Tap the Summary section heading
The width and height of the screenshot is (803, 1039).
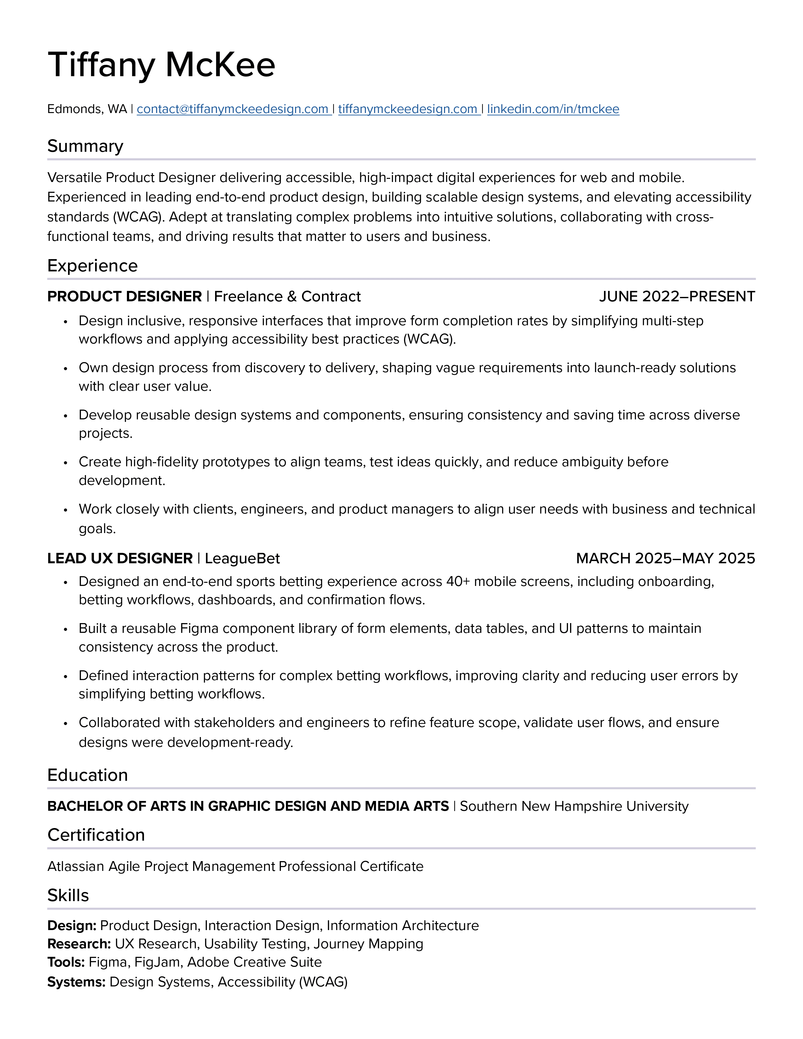85,146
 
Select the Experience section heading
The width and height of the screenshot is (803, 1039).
92,265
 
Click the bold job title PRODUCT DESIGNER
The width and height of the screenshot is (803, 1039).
125,296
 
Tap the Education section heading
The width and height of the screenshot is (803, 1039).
88,775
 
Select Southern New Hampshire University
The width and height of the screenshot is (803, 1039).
574,806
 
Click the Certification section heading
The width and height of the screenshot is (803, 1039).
96,835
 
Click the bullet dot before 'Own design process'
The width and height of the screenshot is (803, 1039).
65,369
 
